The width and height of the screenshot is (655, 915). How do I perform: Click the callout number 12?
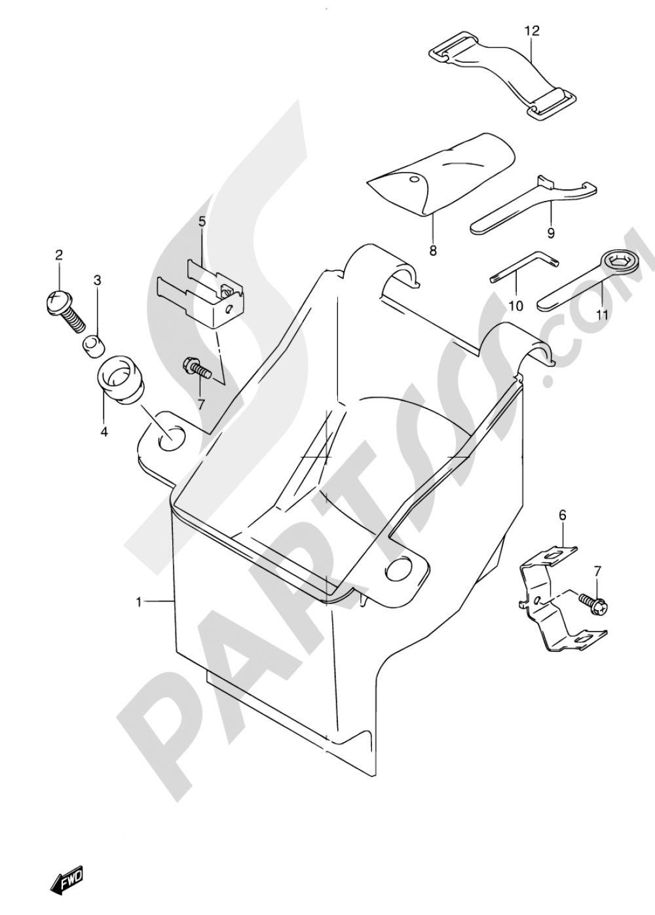533,31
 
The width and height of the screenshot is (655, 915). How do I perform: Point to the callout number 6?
563,516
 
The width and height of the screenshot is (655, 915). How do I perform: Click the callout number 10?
516,305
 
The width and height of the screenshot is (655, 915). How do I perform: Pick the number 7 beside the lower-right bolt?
598,572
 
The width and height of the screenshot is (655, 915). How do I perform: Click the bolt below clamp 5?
197,365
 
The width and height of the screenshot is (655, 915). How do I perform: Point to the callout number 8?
433,249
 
